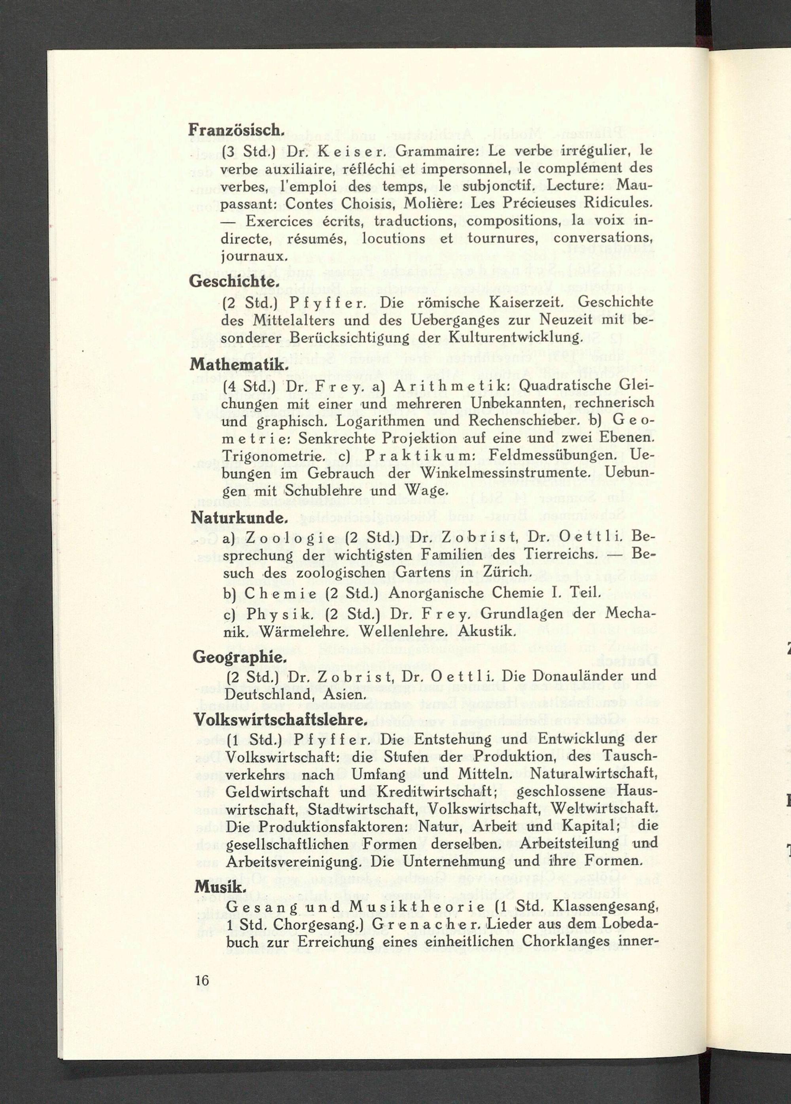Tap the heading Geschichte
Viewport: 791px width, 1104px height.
point(234,282)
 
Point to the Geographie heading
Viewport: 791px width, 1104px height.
point(238,657)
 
